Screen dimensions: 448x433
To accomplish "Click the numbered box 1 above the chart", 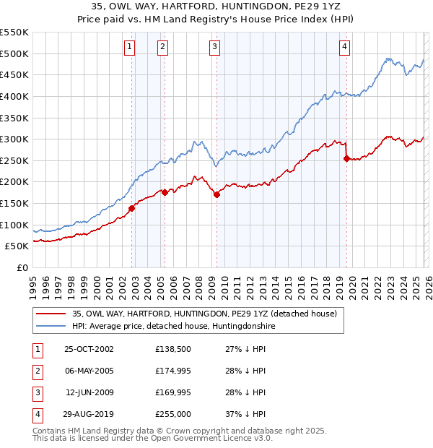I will pos(129,48).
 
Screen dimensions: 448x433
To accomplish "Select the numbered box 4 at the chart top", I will pos(345,48).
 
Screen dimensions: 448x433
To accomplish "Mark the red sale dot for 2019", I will pos(347,158).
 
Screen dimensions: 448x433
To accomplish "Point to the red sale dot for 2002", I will pos(132,208).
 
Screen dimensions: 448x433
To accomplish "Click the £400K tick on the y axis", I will pos(14,96).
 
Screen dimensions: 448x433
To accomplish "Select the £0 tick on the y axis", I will pos(22,267).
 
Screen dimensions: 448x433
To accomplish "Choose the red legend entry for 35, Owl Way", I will pos(204,314).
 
